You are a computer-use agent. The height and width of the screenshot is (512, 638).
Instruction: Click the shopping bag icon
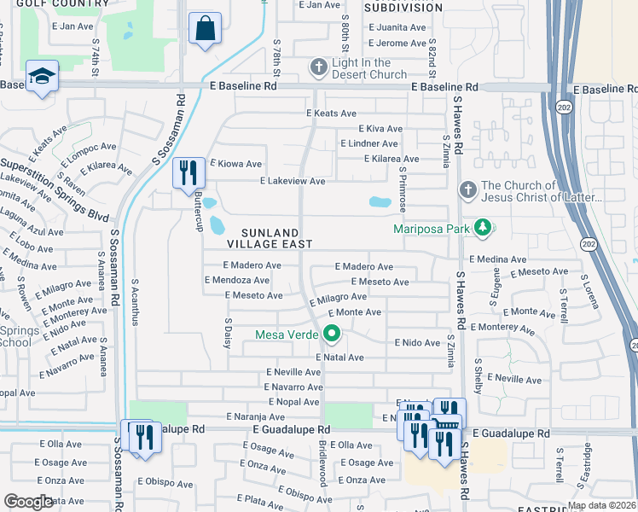(206, 28)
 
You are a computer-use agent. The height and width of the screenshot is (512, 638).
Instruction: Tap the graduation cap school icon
(42, 76)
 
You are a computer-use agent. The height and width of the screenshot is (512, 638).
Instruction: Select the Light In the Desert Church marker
(318, 67)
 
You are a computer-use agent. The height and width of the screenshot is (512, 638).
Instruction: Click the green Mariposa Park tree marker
(483, 227)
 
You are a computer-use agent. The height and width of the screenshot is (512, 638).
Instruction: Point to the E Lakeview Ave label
(293, 181)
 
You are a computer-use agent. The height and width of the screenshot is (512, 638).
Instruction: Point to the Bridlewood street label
(322, 463)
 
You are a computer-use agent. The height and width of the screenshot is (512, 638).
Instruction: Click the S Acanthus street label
(135, 300)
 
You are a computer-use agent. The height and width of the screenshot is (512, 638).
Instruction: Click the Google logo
(27, 502)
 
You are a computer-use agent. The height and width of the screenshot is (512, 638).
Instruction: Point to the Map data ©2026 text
(600, 505)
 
